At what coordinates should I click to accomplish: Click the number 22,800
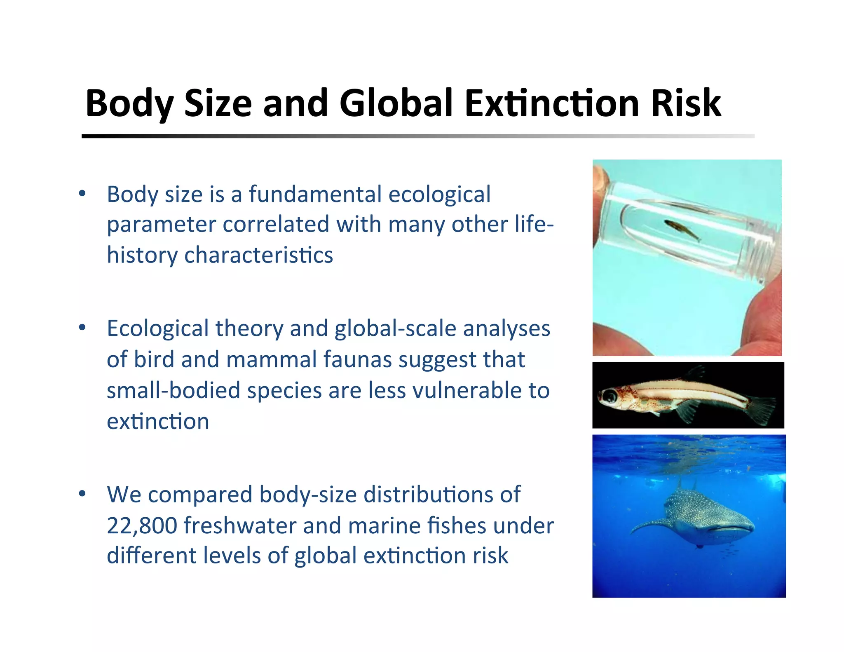coord(142,526)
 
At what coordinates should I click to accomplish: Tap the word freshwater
coord(240,526)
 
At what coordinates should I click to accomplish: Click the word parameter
coord(161,225)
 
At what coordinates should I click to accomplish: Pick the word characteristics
coord(258,255)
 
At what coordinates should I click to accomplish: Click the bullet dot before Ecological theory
coord(82,328)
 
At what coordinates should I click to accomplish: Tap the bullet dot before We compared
coord(82,493)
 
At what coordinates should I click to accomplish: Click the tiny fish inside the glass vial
coord(682,230)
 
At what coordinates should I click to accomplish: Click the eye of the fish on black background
coord(610,396)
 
